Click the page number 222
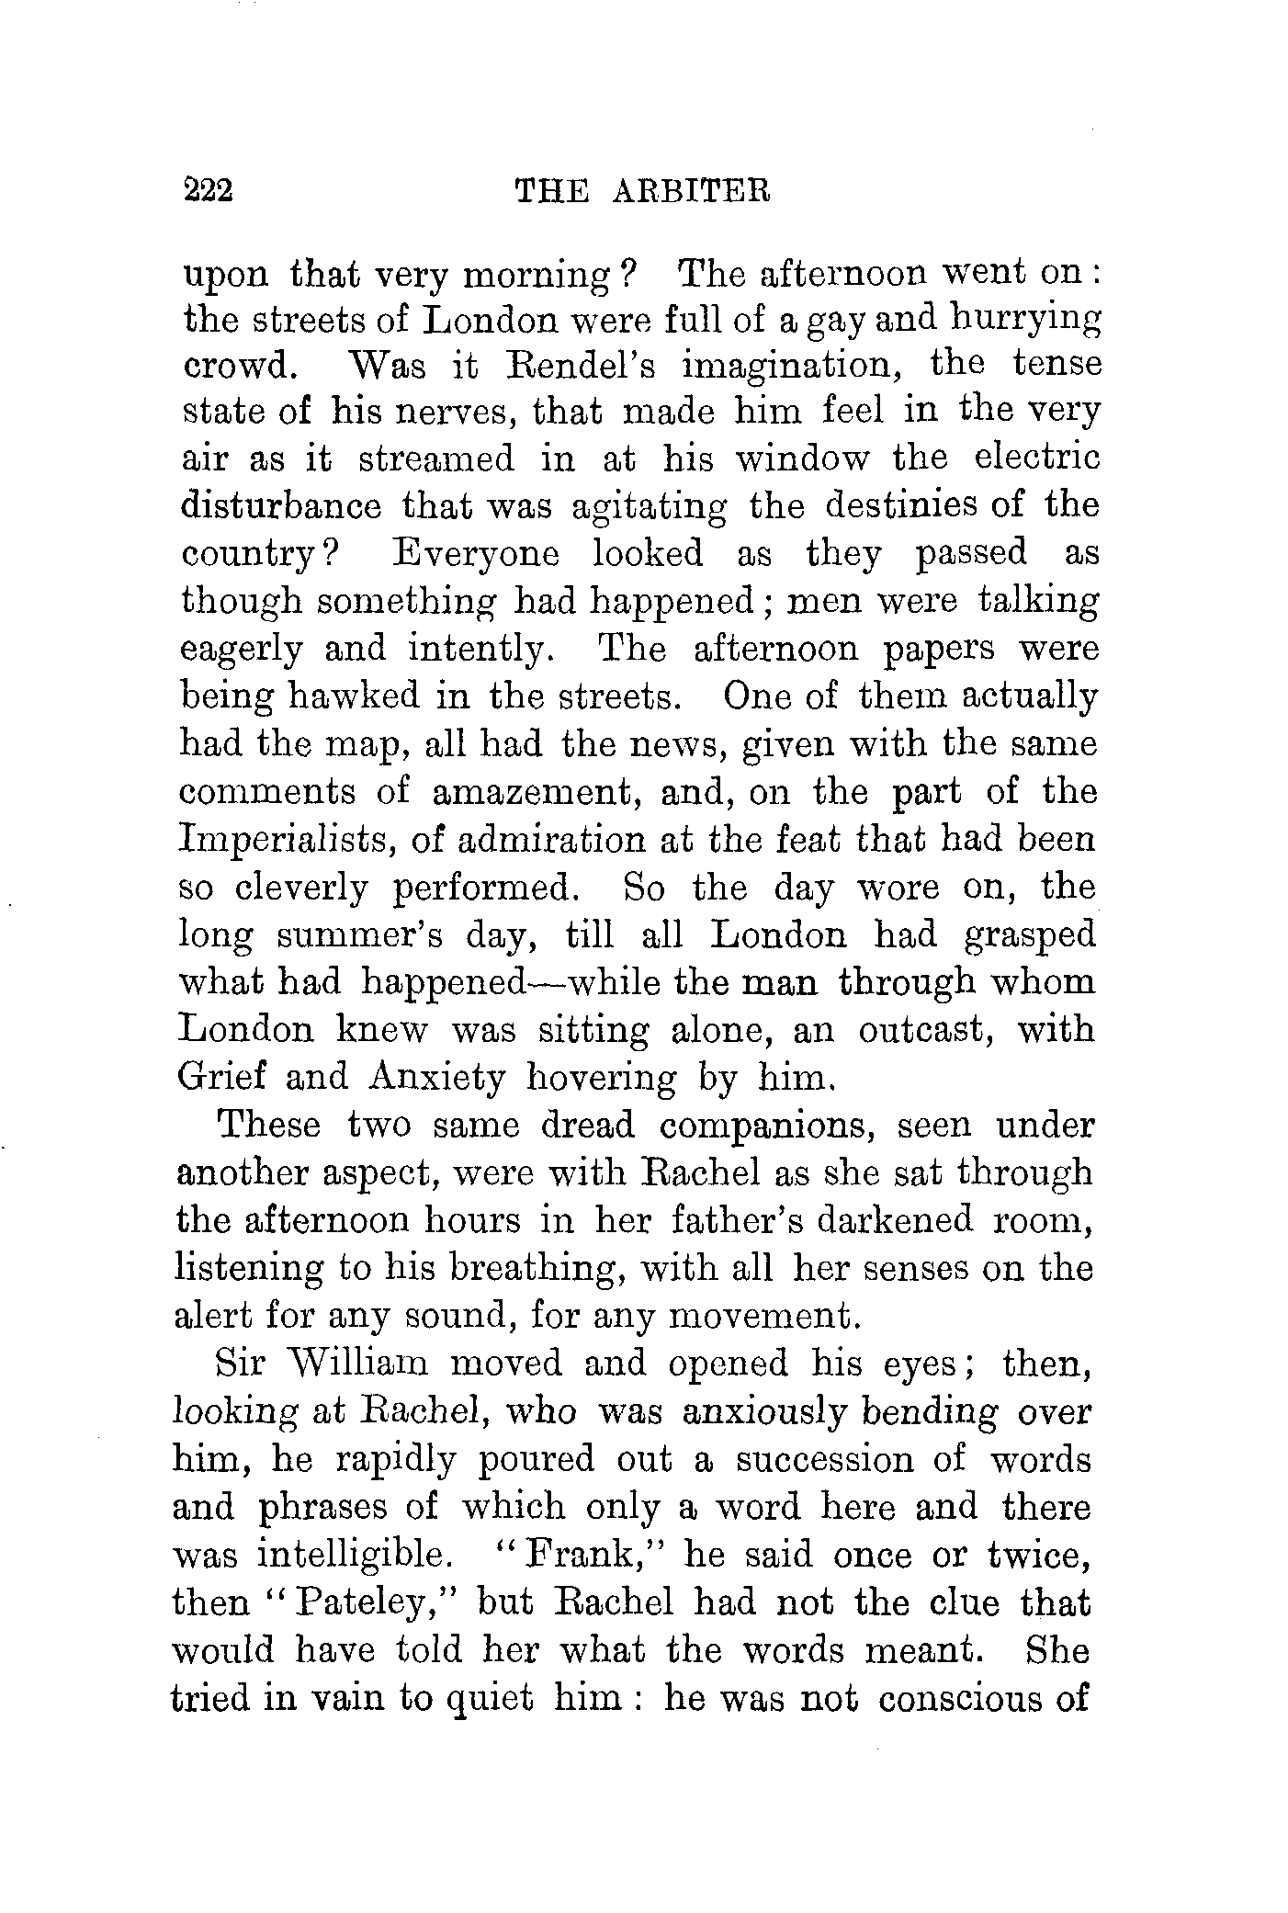click(210, 190)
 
